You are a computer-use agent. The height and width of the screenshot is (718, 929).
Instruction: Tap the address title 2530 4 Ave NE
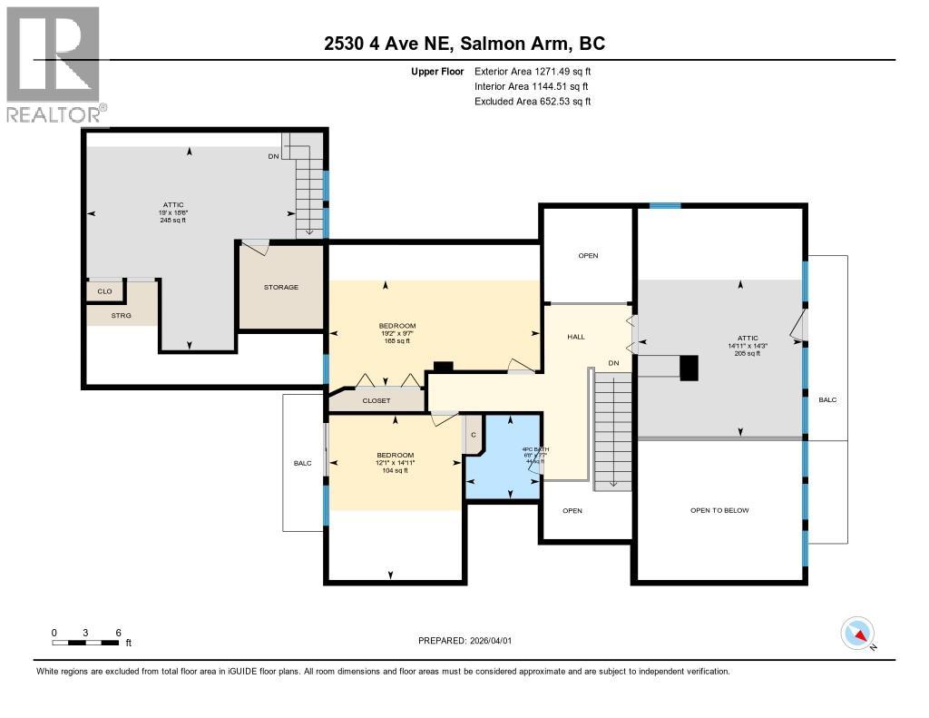tap(464, 43)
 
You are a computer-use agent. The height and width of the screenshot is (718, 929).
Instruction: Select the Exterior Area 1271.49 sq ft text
tap(533, 71)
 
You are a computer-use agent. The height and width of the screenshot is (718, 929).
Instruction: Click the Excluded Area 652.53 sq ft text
tap(533, 102)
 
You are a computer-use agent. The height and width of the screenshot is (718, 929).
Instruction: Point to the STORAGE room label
tap(281, 287)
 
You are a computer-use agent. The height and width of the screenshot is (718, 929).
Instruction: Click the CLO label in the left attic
tap(104, 291)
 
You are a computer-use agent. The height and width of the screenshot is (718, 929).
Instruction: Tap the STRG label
tap(122, 316)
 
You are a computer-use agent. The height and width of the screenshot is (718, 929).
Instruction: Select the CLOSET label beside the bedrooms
tap(376, 400)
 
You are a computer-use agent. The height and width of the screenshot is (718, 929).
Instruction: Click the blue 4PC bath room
tap(502, 458)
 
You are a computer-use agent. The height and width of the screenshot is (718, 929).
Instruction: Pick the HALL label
tap(576, 337)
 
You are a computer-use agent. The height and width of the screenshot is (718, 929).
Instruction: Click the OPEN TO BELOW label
tap(719, 510)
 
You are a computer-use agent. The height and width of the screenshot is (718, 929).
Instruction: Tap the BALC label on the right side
tap(828, 399)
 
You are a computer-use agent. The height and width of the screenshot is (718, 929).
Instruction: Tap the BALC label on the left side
tap(302, 463)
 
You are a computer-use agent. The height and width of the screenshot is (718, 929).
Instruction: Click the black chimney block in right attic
tap(689, 367)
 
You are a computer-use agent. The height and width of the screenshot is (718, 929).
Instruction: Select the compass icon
tap(857, 633)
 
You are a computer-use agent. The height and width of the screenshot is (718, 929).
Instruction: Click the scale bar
tap(85, 643)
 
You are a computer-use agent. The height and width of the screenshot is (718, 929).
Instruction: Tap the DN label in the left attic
tap(273, 156)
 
